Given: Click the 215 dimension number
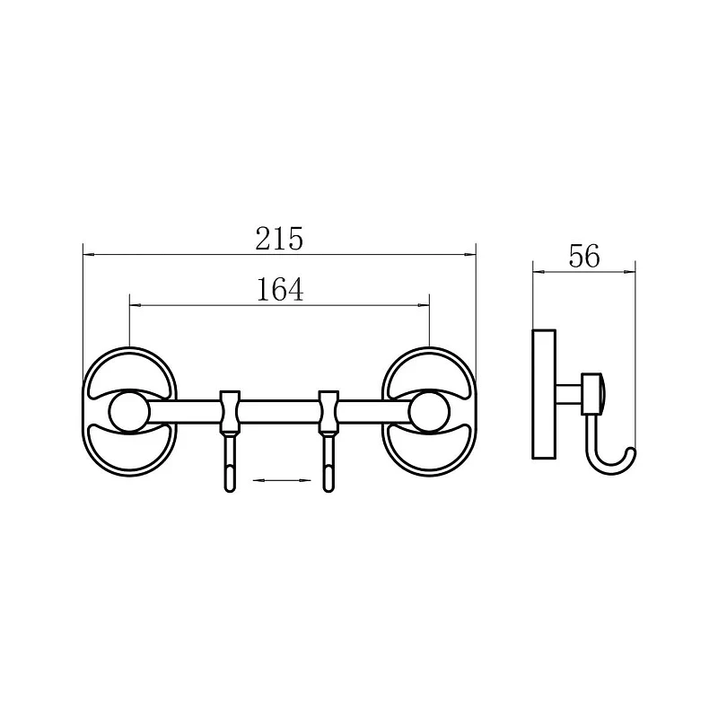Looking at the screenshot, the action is (279, 239).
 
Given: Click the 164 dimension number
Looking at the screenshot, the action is (280, 289).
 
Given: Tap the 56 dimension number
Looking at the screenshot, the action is (584, 256).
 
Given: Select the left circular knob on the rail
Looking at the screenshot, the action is (129, 411).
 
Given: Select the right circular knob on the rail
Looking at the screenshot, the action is (429, 411).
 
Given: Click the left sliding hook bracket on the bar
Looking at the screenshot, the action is (230, 412).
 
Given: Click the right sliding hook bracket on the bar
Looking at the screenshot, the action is (328, 412).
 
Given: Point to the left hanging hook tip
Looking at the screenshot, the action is (230, 489).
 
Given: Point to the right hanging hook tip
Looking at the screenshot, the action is (328, 489).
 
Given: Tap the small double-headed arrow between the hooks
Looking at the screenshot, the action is (282, 480).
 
